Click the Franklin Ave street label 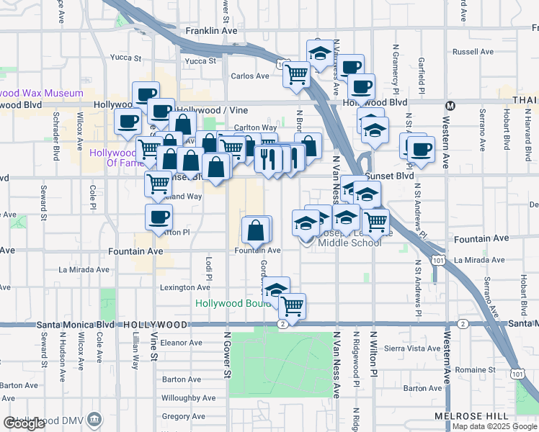click(x=211, y=32)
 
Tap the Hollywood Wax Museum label click(x=42, y=93)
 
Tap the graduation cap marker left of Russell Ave click(x=320, y=53)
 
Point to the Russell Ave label click(x=473, y=52)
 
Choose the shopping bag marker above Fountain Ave click(x=256, y=230)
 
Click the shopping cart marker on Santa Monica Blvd click(x=292, y=306)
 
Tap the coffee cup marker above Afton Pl click(x=159, y=216)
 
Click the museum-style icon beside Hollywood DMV click(x=93, y=419)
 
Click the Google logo click(x=24, y=423)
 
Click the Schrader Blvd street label click(x=55, y=142)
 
